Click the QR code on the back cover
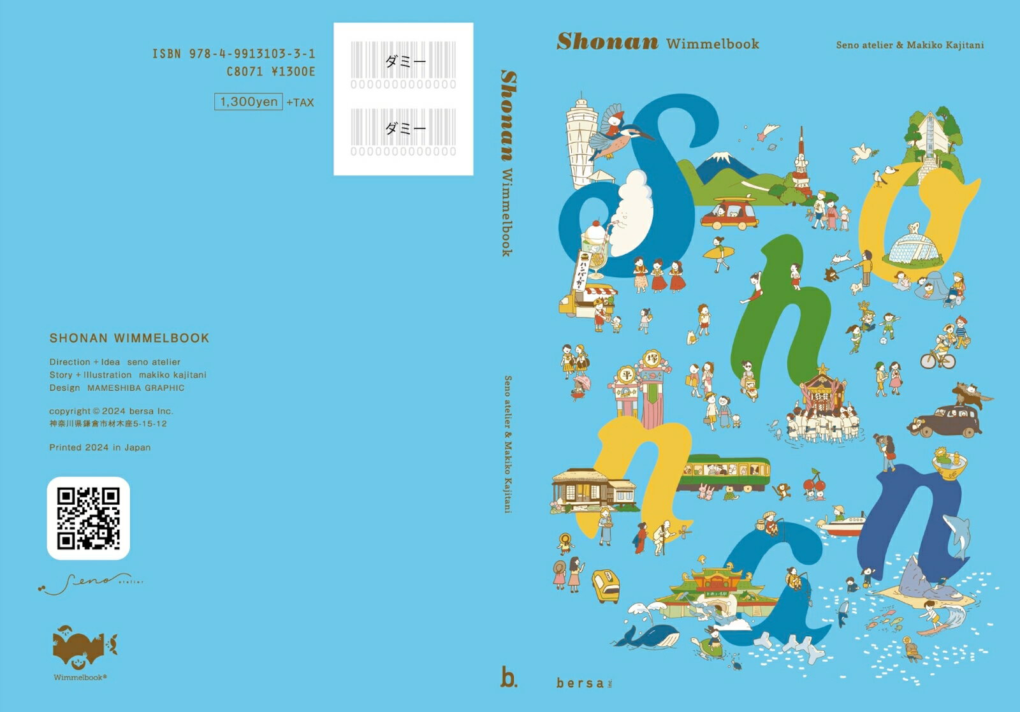pos(89,518)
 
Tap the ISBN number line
pos(234,54)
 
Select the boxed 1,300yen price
pos(249,102)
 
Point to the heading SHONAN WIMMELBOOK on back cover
pos(129,338)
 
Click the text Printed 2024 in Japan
pos(100,447)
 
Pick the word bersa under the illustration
pos(580,683)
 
